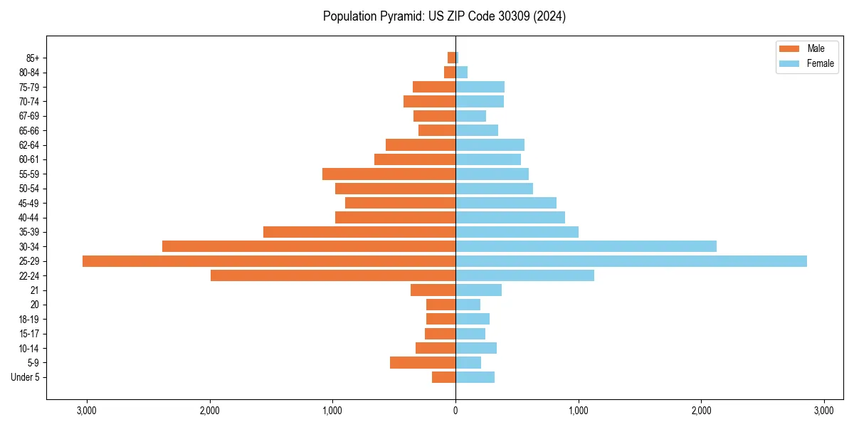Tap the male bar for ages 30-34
pos(309,246)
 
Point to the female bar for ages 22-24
pos(524,275)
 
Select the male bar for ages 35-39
pos(359,232)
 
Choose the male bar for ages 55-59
pos(389,174)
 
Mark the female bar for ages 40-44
pos(510,217)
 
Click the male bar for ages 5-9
pos(423,362)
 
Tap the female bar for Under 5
pos(475,377)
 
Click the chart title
pos(444,16)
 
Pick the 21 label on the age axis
pos(35,290)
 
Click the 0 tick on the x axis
pos(455,411)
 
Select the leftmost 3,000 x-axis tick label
pos(86,411)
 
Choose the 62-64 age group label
pos(29,145)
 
